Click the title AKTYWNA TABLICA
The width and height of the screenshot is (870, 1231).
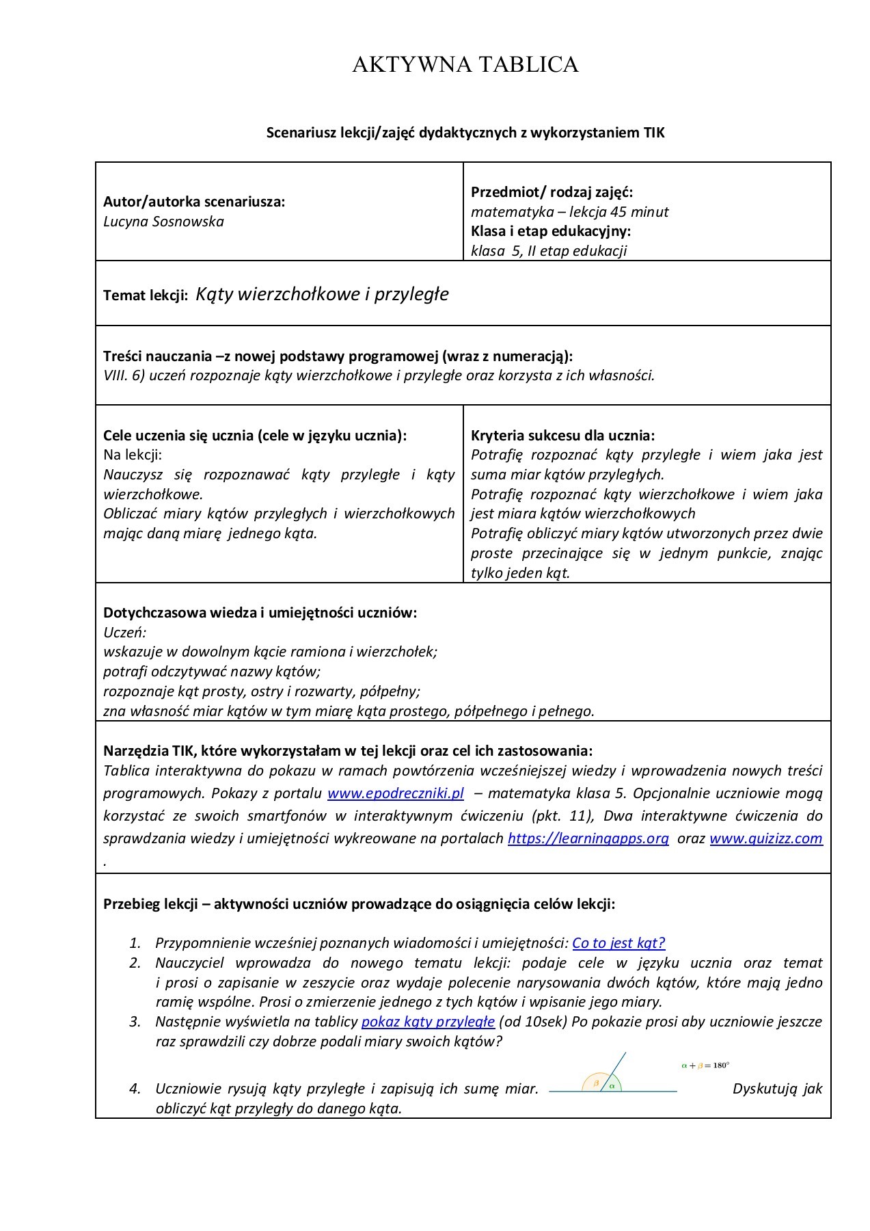465,65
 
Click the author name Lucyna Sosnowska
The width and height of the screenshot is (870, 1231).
163,222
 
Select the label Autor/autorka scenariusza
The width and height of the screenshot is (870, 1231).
194,202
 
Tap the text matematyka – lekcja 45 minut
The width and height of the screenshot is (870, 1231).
569,212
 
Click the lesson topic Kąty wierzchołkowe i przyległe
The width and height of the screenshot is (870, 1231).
322,294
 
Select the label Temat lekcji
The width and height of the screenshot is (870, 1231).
145,295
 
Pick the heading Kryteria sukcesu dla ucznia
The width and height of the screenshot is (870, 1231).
562,436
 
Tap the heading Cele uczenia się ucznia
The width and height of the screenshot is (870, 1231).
254,436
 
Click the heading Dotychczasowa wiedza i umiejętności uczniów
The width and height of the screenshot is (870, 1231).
260,613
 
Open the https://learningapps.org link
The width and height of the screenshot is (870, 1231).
588,838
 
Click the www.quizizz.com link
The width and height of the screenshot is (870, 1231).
765,838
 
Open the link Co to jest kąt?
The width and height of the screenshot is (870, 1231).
618,943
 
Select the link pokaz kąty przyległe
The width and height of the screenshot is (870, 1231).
428,1022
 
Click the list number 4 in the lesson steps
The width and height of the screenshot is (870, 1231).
135,1088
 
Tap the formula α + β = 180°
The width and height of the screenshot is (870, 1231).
705,1065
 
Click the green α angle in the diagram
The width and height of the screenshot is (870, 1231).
612,1085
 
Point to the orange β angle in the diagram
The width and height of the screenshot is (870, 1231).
596,1083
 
